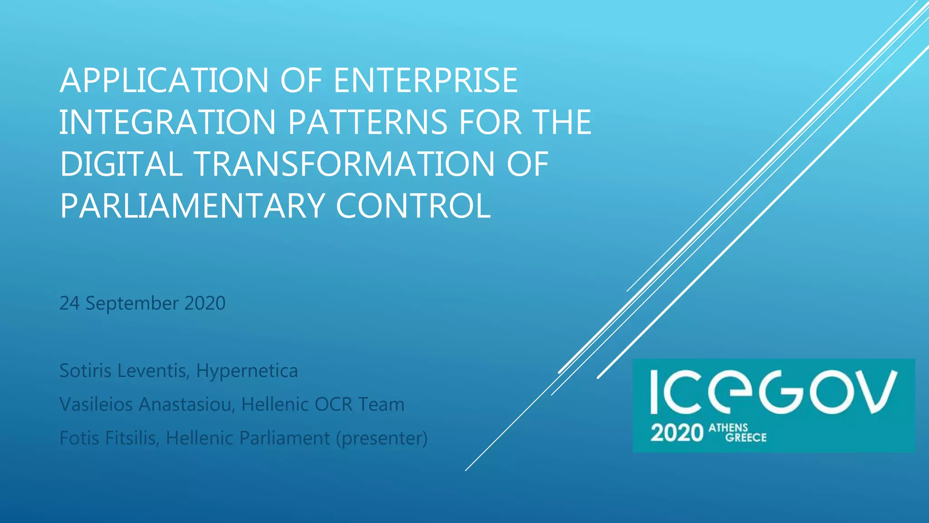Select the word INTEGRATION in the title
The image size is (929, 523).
[167, 122]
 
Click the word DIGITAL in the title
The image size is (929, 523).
[121, 164]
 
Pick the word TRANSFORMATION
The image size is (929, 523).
[344, 164]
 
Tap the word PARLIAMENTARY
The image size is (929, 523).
[191, 206]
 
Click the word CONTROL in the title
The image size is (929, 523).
[413, 206]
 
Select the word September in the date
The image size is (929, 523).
[132, 303]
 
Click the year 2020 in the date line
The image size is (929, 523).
[205, 303]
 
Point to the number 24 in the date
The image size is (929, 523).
[69, 303]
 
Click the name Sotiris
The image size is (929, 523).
[85, 370]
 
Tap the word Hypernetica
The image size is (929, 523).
[247, 370]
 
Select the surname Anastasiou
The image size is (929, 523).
[187, 404]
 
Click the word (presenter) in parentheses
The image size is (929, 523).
[381, 438]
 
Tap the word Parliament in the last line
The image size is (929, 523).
[284, 438]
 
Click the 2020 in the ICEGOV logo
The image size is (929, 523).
[676, 433]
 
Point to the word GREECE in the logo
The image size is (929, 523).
[746, 438]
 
